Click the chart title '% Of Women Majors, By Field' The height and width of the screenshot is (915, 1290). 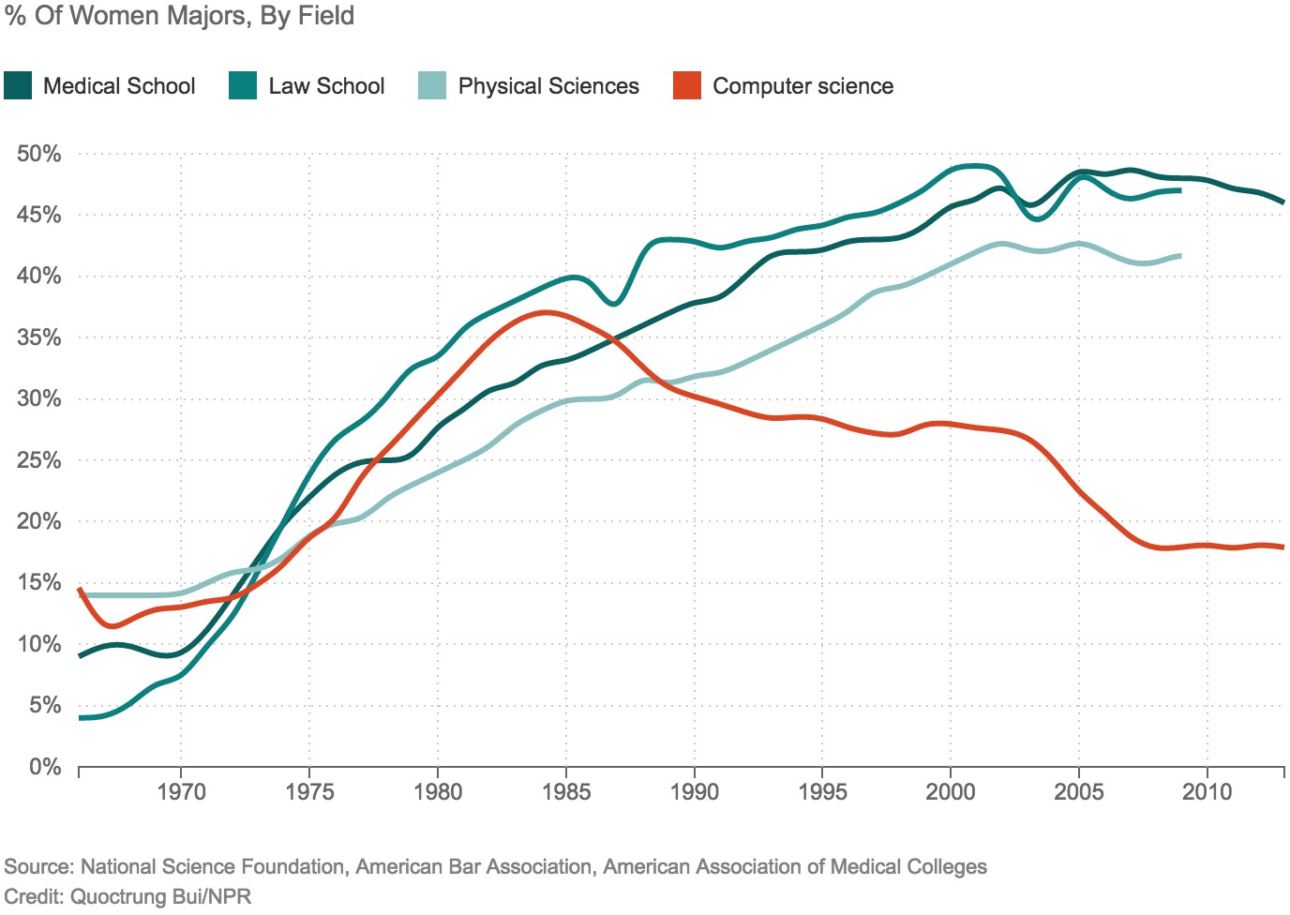180,16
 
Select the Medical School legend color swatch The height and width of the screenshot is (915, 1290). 18,86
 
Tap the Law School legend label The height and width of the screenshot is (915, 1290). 326,86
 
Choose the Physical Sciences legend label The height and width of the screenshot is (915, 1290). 548,86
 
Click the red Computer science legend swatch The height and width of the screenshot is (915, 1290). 687,86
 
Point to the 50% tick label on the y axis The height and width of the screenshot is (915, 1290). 38,154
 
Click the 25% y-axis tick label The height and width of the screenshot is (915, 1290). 38,460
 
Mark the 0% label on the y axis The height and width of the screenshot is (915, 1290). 44,767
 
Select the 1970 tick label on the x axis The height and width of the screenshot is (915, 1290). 181,792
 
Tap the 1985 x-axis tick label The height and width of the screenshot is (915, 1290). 566,792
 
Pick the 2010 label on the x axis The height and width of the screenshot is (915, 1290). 1207,792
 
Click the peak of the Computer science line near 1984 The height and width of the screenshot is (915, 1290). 545,312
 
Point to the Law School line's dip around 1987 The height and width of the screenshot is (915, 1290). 613,304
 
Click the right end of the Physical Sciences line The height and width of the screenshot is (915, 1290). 1179,255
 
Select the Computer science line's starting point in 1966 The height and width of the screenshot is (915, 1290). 80,590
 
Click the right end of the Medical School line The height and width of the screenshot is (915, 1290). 1282,202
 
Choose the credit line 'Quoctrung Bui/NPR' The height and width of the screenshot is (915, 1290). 161,896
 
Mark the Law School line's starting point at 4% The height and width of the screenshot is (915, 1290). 81,718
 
